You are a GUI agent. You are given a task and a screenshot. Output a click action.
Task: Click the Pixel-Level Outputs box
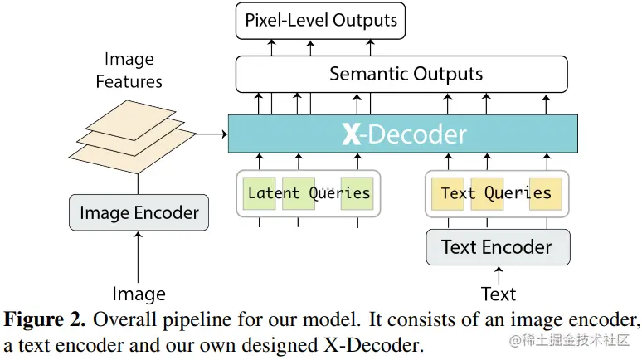tap(320, 20)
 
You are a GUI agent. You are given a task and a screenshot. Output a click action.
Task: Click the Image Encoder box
tap(138, 213)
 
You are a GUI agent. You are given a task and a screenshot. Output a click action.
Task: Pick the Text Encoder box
tap(497, 247)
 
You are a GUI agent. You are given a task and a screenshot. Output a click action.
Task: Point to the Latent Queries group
tap(309, 193)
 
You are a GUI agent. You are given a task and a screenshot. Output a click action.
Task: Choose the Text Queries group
tap(496, 193)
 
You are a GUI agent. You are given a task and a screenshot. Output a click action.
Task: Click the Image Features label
tap(129, 70)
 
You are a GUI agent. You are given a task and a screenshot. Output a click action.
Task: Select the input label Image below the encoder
tap(139, 294)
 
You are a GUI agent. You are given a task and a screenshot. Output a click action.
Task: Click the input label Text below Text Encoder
tap(499, 294)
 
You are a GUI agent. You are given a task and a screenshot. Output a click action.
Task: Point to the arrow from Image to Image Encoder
tap(139, 257)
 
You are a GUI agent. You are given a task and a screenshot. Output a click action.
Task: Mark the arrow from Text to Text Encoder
tap(499, 275)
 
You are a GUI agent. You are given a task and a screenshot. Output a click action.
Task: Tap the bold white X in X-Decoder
tap(351, 134)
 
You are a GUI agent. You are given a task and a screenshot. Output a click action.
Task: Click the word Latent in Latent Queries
tap(275, 193)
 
